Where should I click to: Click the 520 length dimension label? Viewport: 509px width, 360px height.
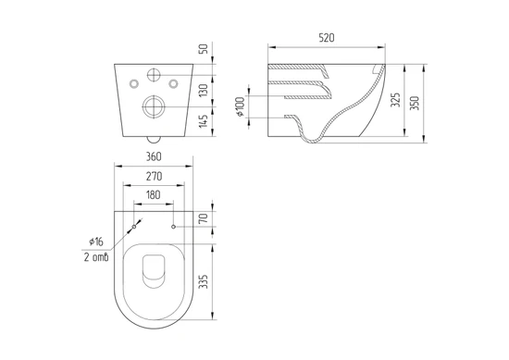[x=327, y=38]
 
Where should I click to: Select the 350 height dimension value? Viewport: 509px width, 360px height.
[x=415, y=104]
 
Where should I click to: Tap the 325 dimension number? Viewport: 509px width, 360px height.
[x=395, y=100]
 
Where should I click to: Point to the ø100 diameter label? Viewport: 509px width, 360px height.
[x=240, y=106]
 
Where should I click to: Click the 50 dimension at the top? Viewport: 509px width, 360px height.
[x=204, y=49]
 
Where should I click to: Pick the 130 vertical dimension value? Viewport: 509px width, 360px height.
[x=204, y=91]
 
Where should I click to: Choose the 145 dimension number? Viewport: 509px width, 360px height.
[x=204, y=121]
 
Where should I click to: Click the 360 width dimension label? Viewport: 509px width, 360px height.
[x=154, y=156]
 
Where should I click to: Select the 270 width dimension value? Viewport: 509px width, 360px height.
[x=154, y=176]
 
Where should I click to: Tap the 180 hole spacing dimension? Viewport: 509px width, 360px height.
[x=154, y=194]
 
